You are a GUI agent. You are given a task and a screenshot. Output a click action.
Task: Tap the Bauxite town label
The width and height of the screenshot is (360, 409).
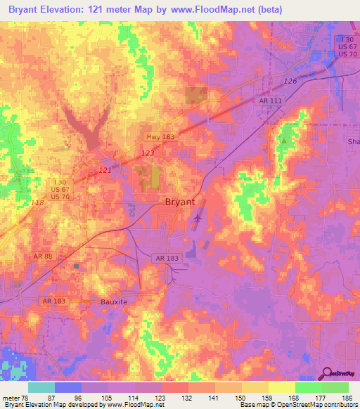pos(112,301)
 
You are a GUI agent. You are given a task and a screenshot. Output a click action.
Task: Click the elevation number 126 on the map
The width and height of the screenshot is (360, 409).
pos(290,82)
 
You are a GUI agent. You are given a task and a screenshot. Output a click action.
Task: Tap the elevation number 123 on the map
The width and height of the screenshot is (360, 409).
pos(148,152)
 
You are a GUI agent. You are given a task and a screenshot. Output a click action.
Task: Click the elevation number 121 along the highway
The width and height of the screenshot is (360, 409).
pos(105,171)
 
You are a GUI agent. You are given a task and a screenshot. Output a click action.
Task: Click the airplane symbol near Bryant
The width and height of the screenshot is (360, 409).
pos(196,220)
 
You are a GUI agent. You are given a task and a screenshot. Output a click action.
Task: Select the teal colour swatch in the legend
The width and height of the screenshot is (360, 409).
pos(41,387)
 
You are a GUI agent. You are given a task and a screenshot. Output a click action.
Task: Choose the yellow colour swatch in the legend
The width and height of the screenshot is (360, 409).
pos(281,387)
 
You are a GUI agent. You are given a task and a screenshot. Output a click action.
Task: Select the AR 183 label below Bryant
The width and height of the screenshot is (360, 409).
pos(168,258)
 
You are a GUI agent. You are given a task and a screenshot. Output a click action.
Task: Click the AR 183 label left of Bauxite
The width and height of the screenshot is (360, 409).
pos(54,301)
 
